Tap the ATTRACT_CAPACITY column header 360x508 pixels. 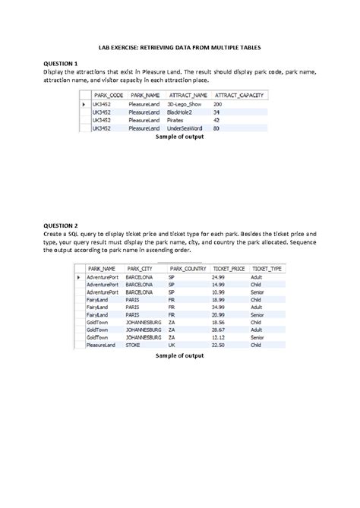(x=238, y=95)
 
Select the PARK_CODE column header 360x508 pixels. (x=108, y=95)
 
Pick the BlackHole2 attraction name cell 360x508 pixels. (x=180, y=112)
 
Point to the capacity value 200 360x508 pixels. (x=218, y=103)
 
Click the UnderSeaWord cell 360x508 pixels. (x=185, y=128)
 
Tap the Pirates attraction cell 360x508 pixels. (x=175, y=120)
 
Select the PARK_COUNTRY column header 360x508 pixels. (x=188, y=269)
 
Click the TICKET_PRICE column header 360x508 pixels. (x=229, y=269)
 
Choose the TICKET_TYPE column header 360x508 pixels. (x=267, y=269)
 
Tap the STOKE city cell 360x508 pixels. (x=133, y=345)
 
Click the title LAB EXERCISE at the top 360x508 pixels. (x=179, y=47)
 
